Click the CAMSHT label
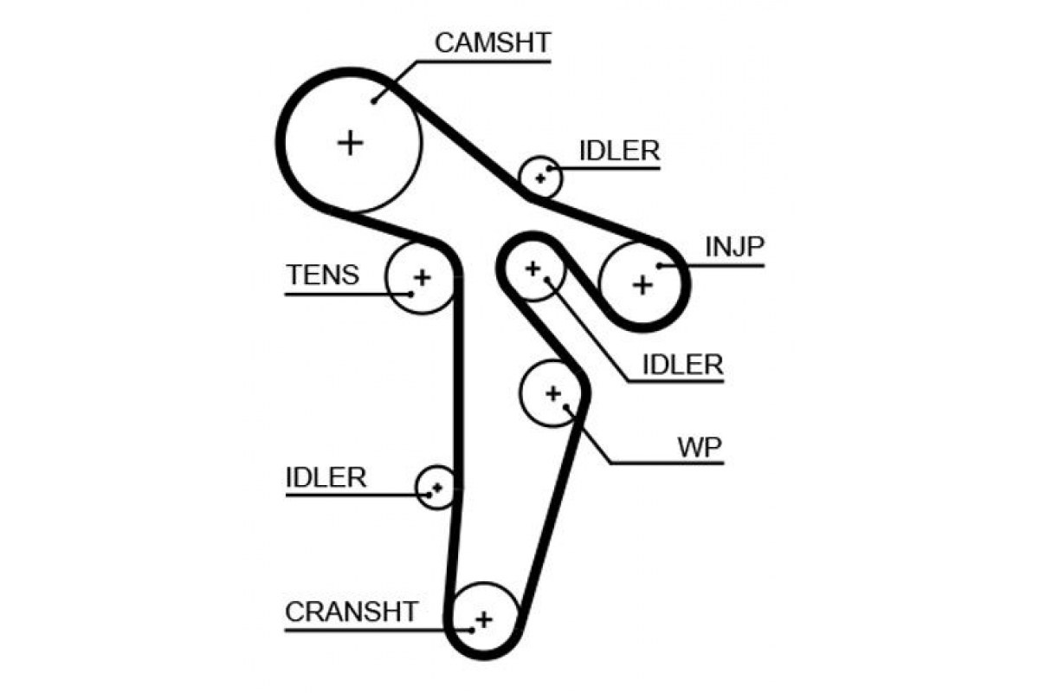492,42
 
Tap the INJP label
734,247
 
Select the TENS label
323,275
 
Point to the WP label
700,448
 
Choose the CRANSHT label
352,612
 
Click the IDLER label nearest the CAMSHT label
619,151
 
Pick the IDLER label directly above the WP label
682,365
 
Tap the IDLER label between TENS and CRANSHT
326,477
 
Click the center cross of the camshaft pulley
350,143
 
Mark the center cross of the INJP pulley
642,284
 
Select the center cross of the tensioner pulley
423,277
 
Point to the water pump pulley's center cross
553,393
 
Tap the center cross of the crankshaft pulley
484,619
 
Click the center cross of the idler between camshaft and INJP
540,178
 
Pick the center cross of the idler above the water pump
532,269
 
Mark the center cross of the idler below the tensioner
437,488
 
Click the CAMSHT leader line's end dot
373,101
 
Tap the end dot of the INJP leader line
659,266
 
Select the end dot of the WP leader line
566,407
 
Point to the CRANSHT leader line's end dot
471,631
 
